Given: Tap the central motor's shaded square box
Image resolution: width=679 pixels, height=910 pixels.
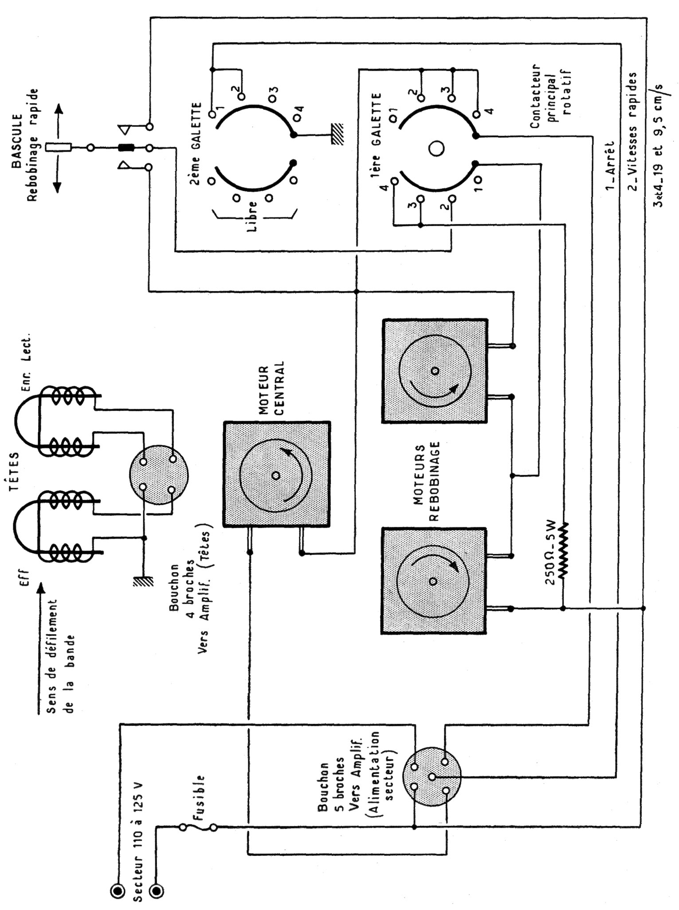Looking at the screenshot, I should (x=276, y=475).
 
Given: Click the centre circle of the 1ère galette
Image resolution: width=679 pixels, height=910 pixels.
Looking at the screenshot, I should (x=436, y=149).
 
